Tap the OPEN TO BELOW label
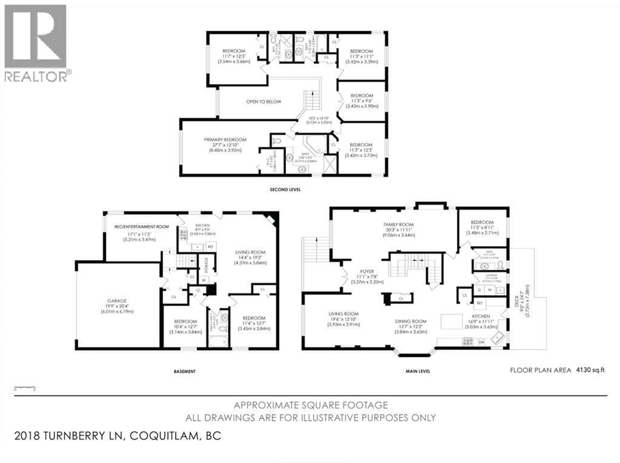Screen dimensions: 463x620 [263, 102]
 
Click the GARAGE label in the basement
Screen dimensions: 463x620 [117, 301]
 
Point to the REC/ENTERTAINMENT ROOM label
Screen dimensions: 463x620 [142, 227]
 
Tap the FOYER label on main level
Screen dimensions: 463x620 [367, 271]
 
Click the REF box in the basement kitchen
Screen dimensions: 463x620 [211, 246]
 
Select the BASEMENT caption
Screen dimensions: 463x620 [185, 371]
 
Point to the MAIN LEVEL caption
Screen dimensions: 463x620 [418, 371]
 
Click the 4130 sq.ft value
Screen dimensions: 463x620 [590, 370]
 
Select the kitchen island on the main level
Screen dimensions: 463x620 [452, 321]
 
